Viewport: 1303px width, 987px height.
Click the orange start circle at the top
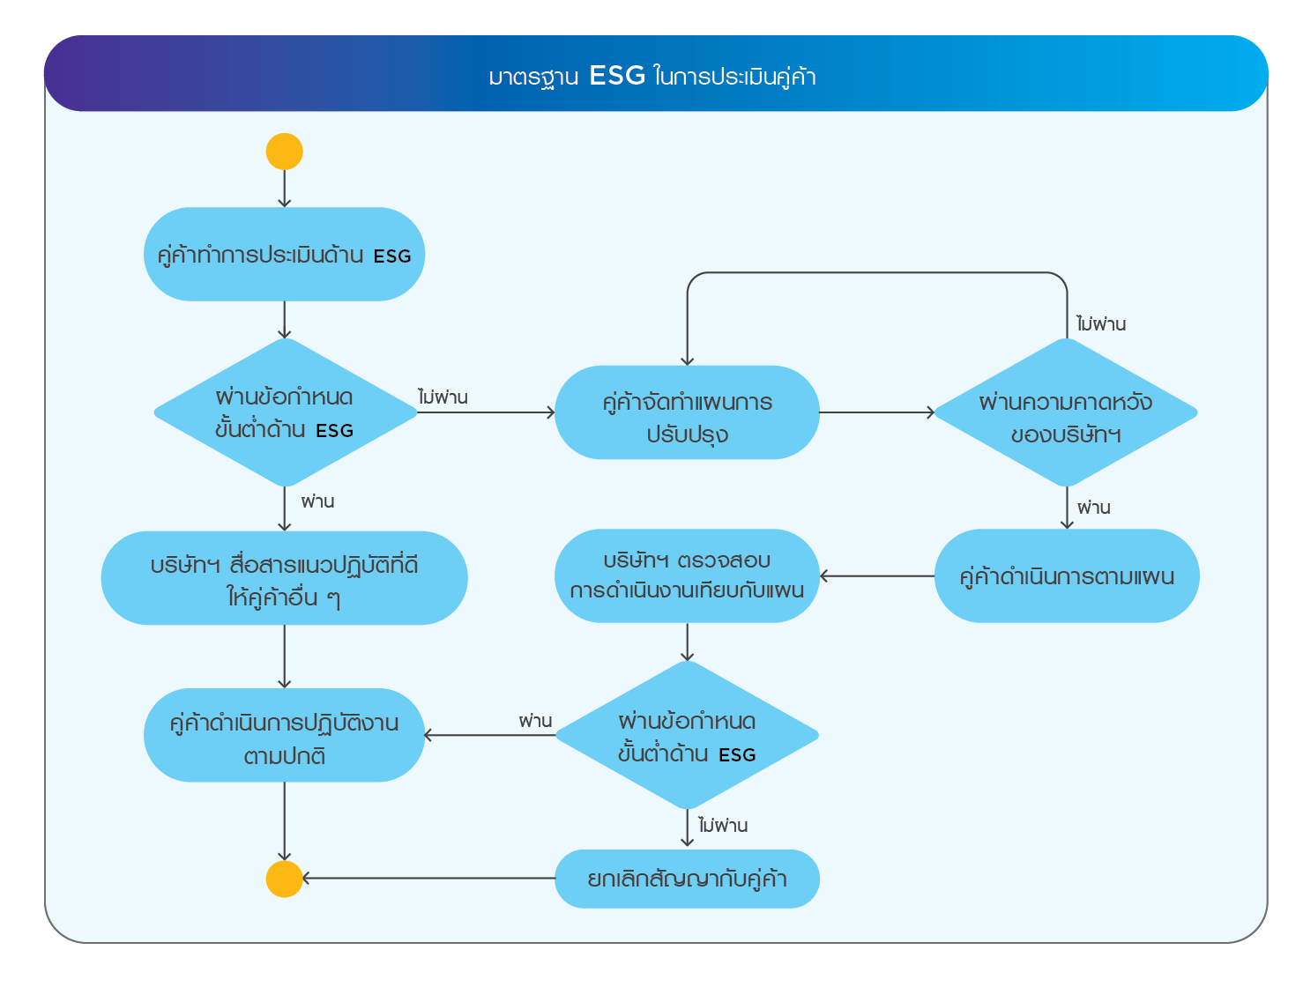click(284, 152)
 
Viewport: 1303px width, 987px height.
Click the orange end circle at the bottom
click(284, 879)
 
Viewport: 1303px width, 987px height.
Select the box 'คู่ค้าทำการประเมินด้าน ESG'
click(284, 255)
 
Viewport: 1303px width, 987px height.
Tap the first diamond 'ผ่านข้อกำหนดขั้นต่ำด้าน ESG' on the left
click(285, 412)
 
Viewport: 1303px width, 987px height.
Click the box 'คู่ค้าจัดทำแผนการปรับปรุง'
click(687, 412)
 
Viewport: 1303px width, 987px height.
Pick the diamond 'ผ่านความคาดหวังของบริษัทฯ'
click(1066, 412)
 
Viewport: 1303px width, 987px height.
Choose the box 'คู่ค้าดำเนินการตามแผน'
click(1067, 576)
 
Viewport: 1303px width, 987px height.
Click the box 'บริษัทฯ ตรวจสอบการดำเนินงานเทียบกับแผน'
click(687, 576)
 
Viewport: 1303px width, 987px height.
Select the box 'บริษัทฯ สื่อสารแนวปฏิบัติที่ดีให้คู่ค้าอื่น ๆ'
click(284, 578)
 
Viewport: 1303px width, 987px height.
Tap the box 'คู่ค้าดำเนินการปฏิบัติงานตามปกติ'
click(284, 735)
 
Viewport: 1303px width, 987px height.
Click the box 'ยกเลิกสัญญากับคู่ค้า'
click(687, 879)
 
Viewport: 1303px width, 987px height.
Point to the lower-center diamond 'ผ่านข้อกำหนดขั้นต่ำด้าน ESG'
click(687, 735)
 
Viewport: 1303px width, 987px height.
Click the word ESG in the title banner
click(617, 76)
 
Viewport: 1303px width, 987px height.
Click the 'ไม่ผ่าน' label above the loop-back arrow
click(1101, 324)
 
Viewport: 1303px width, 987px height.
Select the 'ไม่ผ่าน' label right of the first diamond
click(443, 397)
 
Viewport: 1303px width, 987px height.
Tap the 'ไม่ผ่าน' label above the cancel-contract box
click(723, 826)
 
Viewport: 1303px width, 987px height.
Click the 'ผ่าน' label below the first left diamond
click(317, 501)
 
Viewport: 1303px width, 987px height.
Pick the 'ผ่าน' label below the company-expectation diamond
click(1093, 508)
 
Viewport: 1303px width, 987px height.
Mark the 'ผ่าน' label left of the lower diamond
click(535, 721)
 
